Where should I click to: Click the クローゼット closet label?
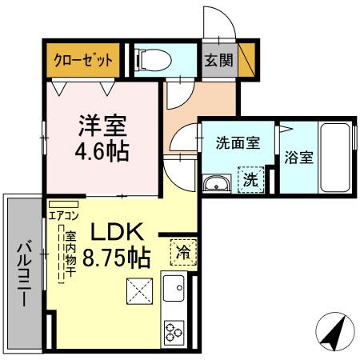coord(83,59)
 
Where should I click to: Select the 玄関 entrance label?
coord(213,59)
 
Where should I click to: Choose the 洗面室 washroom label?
coord(237,144)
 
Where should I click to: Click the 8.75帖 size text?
coord(118,258)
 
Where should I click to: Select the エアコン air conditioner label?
coord(63,214)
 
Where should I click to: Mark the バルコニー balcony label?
coord(24,271)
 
